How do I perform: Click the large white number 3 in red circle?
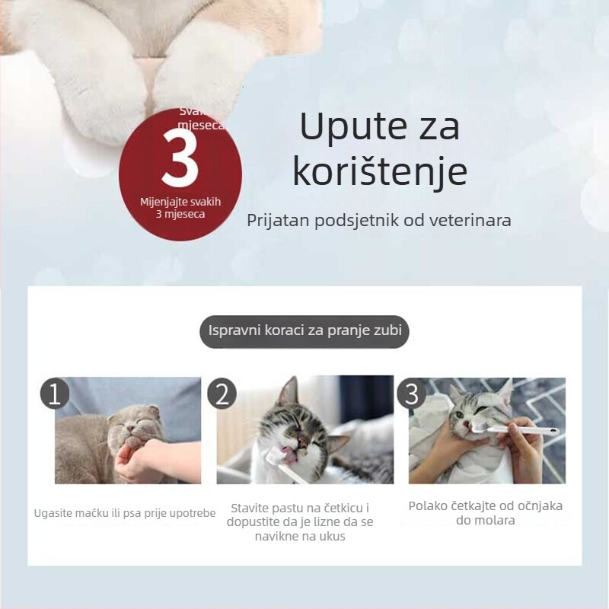180,161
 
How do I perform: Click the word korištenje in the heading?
380,172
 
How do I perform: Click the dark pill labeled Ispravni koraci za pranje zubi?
304,331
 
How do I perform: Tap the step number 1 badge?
54,394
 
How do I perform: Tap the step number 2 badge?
222,394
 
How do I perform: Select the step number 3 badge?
412,394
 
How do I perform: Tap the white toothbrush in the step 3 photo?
518,430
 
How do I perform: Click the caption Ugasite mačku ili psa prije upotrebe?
125,513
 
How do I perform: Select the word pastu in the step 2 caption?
289,508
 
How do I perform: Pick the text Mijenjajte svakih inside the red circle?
180,202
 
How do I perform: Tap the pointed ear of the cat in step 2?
287,393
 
